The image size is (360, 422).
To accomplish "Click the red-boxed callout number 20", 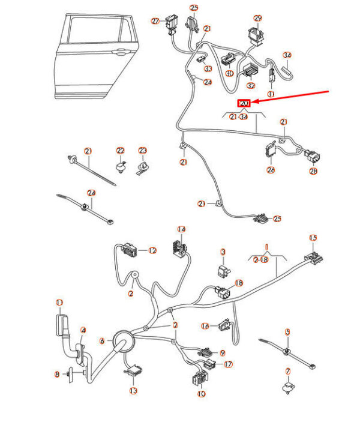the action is tap(244, 103).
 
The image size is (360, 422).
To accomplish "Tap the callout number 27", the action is tap(155, 21).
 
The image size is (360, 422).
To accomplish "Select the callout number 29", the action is tap(258, 18).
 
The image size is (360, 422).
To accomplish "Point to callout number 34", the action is tap(287, 55).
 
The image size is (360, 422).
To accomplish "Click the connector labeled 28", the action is tap(313, 156).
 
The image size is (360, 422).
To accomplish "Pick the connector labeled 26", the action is tap(271, 150).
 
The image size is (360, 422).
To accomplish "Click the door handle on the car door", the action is tap(121, 52).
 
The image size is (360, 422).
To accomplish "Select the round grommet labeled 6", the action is tap(122, 342).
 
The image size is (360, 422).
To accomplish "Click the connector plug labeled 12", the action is tap(130, 249).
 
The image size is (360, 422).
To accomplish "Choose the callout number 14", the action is tap(181, 229).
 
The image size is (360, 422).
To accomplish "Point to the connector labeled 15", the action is tap(313, 258).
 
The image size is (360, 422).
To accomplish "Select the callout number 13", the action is tap(133, 390).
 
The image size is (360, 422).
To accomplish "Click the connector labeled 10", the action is tap(200, 378).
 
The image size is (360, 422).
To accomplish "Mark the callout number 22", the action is tap(120, 151).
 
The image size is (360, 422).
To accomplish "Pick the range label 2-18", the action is tap(261, 260).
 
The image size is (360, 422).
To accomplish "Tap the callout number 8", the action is tap(57, 374).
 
